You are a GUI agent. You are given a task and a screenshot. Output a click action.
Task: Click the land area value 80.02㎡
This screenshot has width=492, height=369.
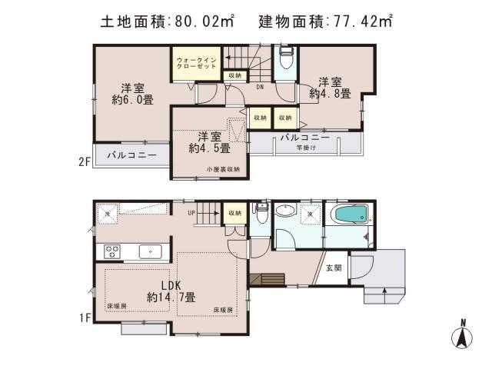click(x=205, y=21)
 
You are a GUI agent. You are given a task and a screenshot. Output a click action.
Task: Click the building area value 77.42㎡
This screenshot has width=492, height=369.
click(x=361, y=21)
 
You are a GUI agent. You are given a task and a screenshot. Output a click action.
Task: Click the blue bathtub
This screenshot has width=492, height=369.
click(x=349, y=218)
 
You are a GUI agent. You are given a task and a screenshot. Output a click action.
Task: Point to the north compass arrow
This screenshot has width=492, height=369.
click(x=463, y=335)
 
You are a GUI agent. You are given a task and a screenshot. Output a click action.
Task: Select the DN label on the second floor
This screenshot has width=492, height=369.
click(x=261, y=86)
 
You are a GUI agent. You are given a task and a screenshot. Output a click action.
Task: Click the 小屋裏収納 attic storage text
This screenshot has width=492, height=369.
click(x=222, y=169)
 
